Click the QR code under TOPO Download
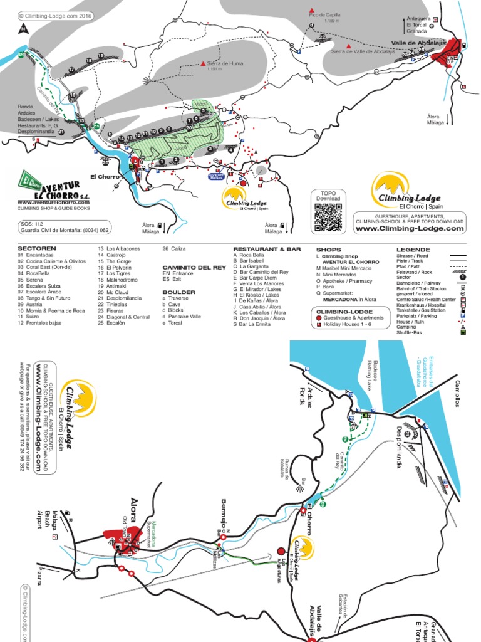click(x=328, y=218)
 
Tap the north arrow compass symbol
click(x=23, y=29)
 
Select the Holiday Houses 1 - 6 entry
click(x=348, y=325)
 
